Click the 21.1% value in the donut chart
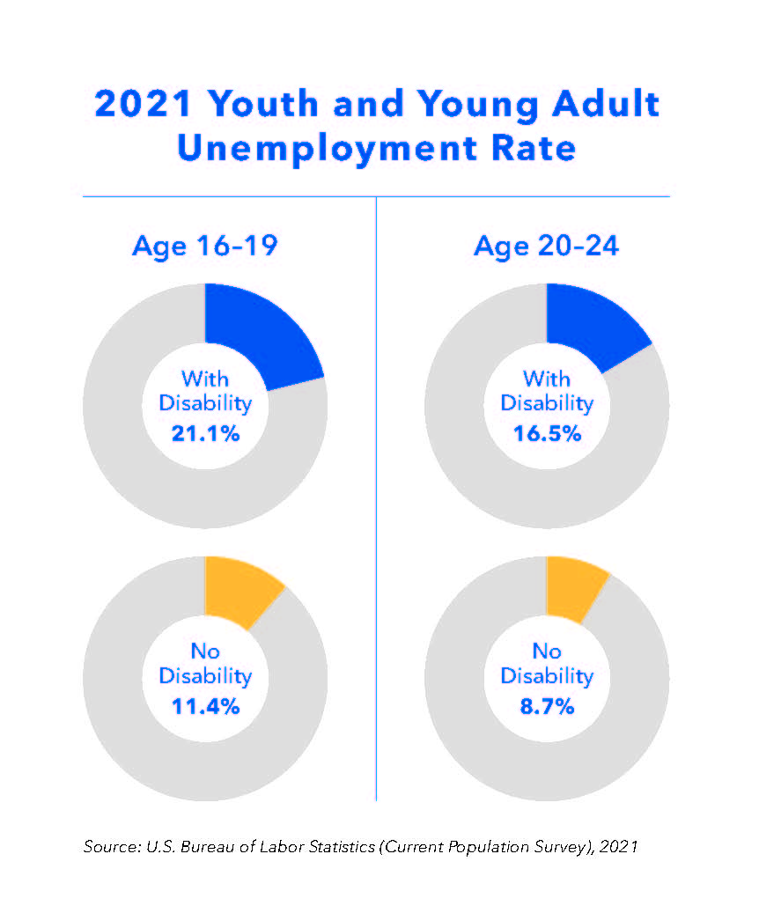tap(204, 433)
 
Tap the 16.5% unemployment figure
tap(546, 433)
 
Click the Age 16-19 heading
tap(204, 245)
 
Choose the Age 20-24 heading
tap(546, 245)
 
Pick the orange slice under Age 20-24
tap(572, 584)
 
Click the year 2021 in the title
tap(143, 104)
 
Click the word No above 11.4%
tap(204, 652)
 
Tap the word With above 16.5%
tap(546, 379)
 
